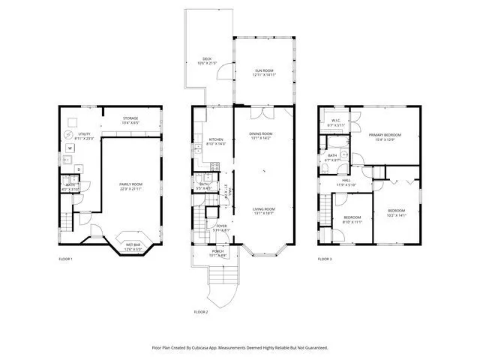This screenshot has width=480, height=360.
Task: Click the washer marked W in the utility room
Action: (x=69, y=148)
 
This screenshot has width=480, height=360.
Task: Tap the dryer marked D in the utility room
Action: (x=79, y=169)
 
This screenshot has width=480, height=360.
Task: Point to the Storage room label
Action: (x=130, y=118)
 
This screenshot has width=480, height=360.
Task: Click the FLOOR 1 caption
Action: (x=66, y=259)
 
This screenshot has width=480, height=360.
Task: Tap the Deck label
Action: (x=205, y=59)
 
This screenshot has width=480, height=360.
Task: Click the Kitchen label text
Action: (x=216, y=139)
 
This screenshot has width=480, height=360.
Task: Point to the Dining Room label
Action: (x=260, y=133)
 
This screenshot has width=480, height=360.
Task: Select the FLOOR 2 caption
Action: (x=201, y=310)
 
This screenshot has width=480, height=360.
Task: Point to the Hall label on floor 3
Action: (x=346, y=180)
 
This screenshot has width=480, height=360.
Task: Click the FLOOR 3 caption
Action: (x=324, y=259)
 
